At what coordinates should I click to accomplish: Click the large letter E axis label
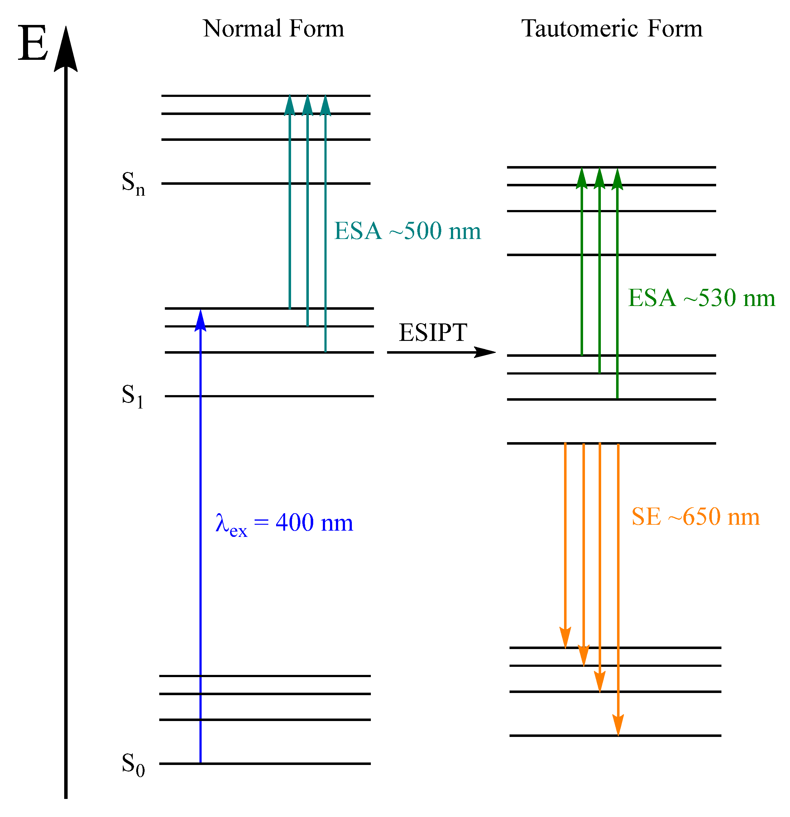point(32,44)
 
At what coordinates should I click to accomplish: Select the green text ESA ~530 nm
point(701,298)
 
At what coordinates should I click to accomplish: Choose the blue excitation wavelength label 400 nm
point(284,523)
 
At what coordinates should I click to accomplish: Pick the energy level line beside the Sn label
point(266,184)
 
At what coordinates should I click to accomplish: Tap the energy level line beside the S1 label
point(269,396)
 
